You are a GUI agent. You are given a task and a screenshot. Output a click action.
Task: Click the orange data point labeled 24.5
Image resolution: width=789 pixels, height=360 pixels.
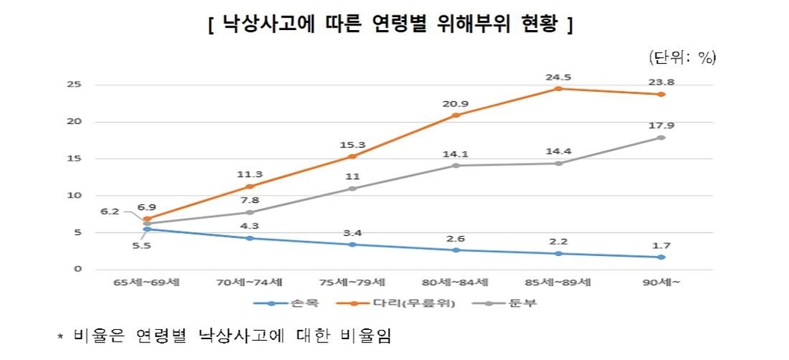557,89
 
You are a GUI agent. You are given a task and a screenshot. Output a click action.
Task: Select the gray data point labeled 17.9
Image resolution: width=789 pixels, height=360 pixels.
660,137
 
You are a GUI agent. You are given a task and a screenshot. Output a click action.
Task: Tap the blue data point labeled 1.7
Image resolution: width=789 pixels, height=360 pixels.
660,257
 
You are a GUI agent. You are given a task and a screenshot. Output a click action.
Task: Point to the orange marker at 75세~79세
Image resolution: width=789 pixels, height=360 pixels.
351,156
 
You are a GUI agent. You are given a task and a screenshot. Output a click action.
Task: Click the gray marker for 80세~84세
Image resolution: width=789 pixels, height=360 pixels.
455,166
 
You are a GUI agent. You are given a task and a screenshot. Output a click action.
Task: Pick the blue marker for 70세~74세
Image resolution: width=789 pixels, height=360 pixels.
248,237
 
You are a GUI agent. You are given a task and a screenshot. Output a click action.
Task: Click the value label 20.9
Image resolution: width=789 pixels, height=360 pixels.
455,103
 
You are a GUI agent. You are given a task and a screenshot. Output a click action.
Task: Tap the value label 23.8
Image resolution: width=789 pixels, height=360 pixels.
660,82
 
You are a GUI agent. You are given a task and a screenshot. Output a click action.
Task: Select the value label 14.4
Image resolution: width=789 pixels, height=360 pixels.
557,151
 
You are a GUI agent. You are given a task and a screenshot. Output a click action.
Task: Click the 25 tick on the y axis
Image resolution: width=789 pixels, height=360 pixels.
76,85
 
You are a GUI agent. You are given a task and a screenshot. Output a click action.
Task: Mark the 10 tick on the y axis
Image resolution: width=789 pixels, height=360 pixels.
76,195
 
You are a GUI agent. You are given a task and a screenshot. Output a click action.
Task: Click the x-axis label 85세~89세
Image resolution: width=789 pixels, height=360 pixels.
557,282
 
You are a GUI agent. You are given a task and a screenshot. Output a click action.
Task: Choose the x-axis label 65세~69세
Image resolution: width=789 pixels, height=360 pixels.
146,282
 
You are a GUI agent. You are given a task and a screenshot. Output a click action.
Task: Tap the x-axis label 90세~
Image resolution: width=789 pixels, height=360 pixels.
660,282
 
